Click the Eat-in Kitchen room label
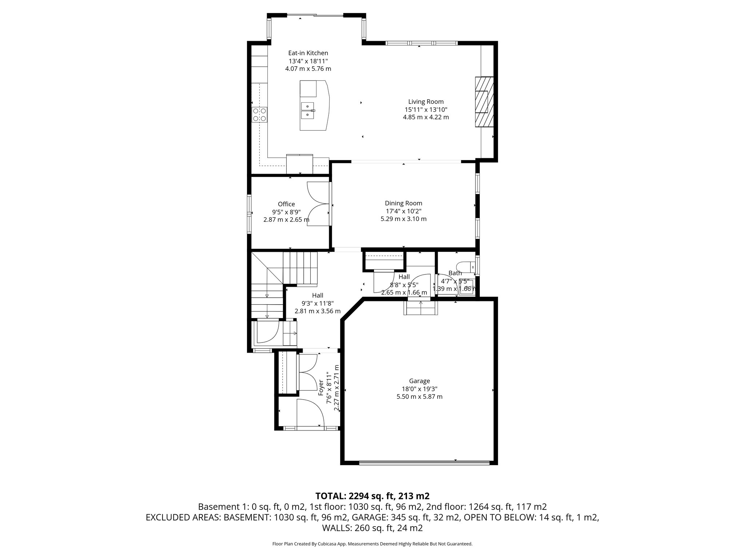(308, 53)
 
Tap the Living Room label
(426, 102)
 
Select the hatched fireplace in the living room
(484, 102)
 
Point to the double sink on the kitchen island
(308, 111)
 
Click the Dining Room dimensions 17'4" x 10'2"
(403, 211)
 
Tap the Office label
(286, 204)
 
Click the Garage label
(419, 381)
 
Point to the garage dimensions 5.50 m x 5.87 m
(419, 397)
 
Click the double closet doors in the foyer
(308, 373)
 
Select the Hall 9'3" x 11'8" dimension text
(317, 303)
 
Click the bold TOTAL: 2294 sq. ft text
(372, 496)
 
